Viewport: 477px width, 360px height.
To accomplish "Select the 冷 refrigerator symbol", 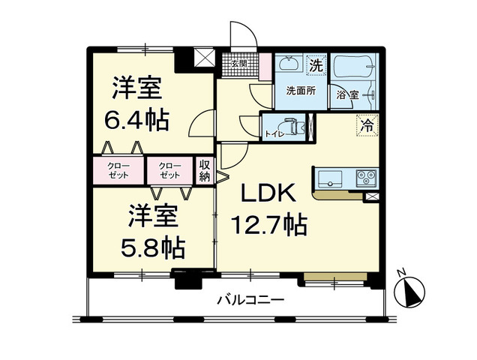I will tap(367, 125).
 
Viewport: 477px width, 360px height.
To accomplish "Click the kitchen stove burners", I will tap(365, 178).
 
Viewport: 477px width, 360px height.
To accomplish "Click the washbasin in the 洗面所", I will tap(288, 66).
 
